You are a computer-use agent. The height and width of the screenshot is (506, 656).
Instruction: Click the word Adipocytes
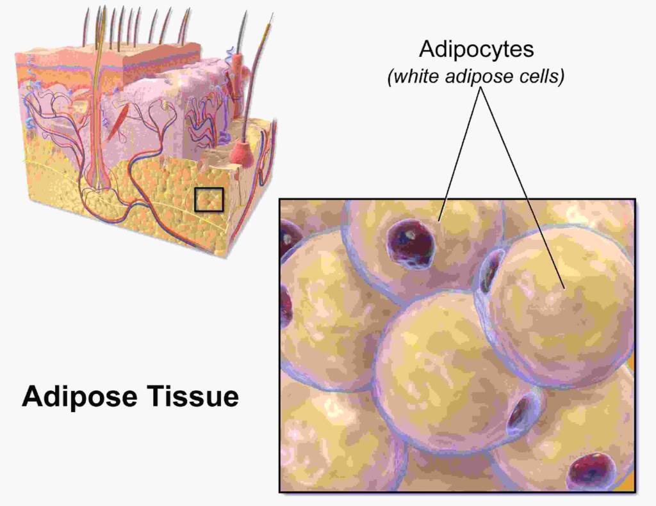coord(477,50)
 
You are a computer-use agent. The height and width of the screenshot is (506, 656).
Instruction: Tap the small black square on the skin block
coord(209,200)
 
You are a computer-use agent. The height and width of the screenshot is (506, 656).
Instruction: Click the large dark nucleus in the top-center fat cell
coord(410,244)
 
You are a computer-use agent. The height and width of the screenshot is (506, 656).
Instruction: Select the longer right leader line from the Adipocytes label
coord(523,187)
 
